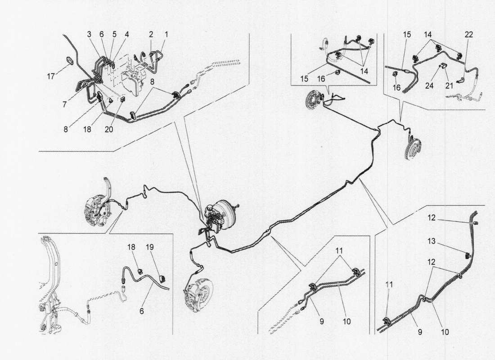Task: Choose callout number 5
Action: (114, 34)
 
